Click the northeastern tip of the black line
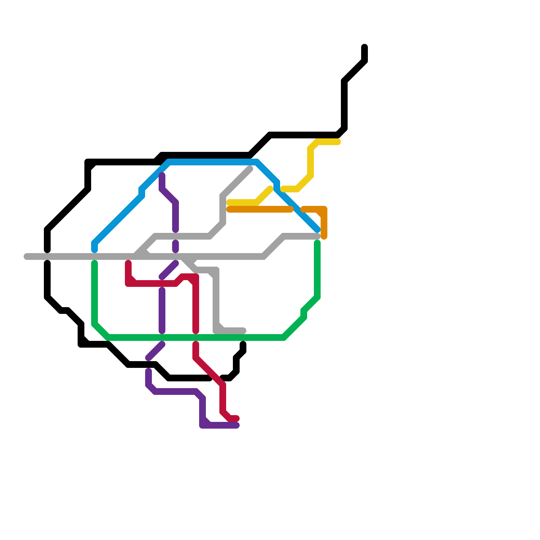364,47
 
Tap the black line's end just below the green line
243,344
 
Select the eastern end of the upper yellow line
338,142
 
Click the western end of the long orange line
229,210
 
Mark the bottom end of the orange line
324,237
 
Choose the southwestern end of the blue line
94,250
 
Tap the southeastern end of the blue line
317,230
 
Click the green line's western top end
94,263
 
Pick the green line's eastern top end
317,243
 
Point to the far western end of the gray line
26,257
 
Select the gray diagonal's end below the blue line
250,169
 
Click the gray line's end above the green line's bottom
243,331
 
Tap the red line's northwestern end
128,263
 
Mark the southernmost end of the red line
237,418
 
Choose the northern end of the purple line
162,175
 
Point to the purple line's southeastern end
237,425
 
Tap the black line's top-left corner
88,162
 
